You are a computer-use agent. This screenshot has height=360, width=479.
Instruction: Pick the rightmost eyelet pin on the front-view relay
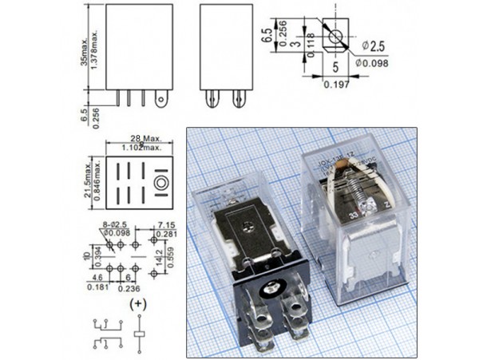click(x=164, y=101)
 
